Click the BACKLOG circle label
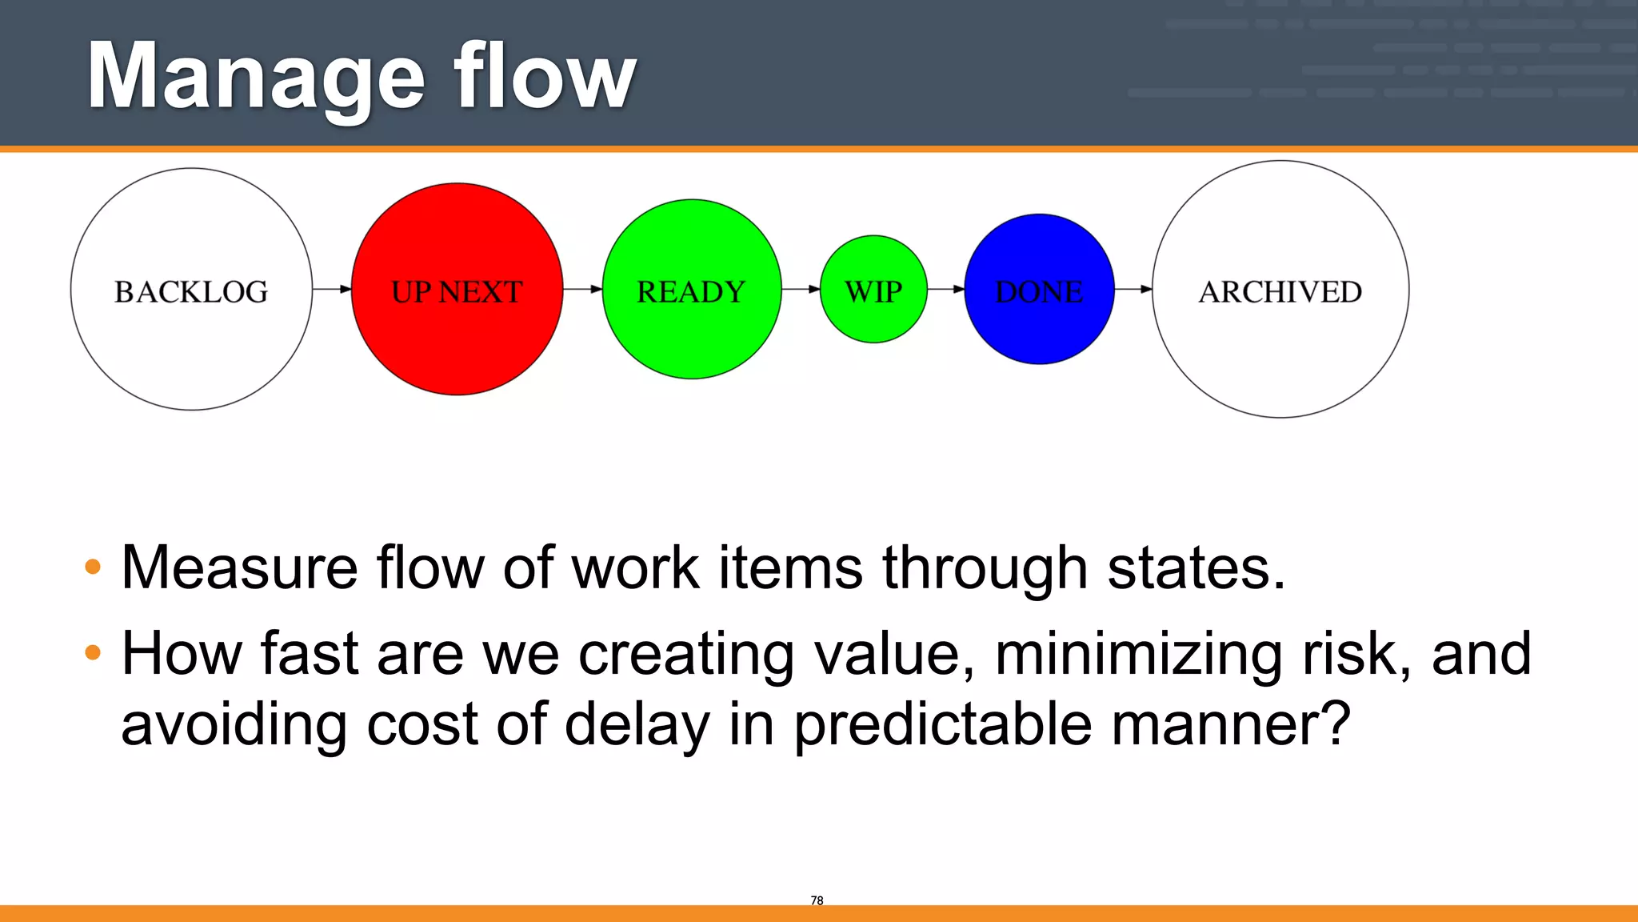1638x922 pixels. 191,292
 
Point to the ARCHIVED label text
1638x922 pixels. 1280,292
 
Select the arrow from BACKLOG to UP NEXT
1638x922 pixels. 332,289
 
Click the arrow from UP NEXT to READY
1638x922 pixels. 582,289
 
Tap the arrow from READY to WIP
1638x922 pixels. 801,289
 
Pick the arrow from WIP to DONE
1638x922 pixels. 945,289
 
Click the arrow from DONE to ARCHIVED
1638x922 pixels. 1133,289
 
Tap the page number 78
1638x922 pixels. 817,900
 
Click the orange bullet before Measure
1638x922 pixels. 93,567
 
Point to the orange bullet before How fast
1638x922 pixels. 93,653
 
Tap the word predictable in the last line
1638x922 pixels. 942,725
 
